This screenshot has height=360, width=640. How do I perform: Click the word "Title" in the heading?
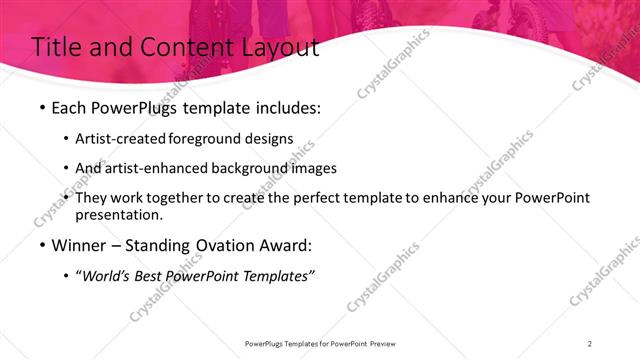click(56, 47)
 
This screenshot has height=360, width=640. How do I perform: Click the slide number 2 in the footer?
click(590, 343)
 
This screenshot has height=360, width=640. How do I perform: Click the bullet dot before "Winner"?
click(40, 247)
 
